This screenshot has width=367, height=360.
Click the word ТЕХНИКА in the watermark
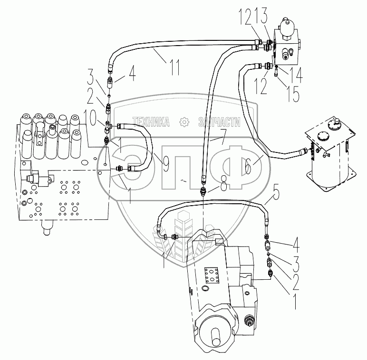tap(151, 122)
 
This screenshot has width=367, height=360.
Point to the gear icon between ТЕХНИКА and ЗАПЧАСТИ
tap(184, 122)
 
